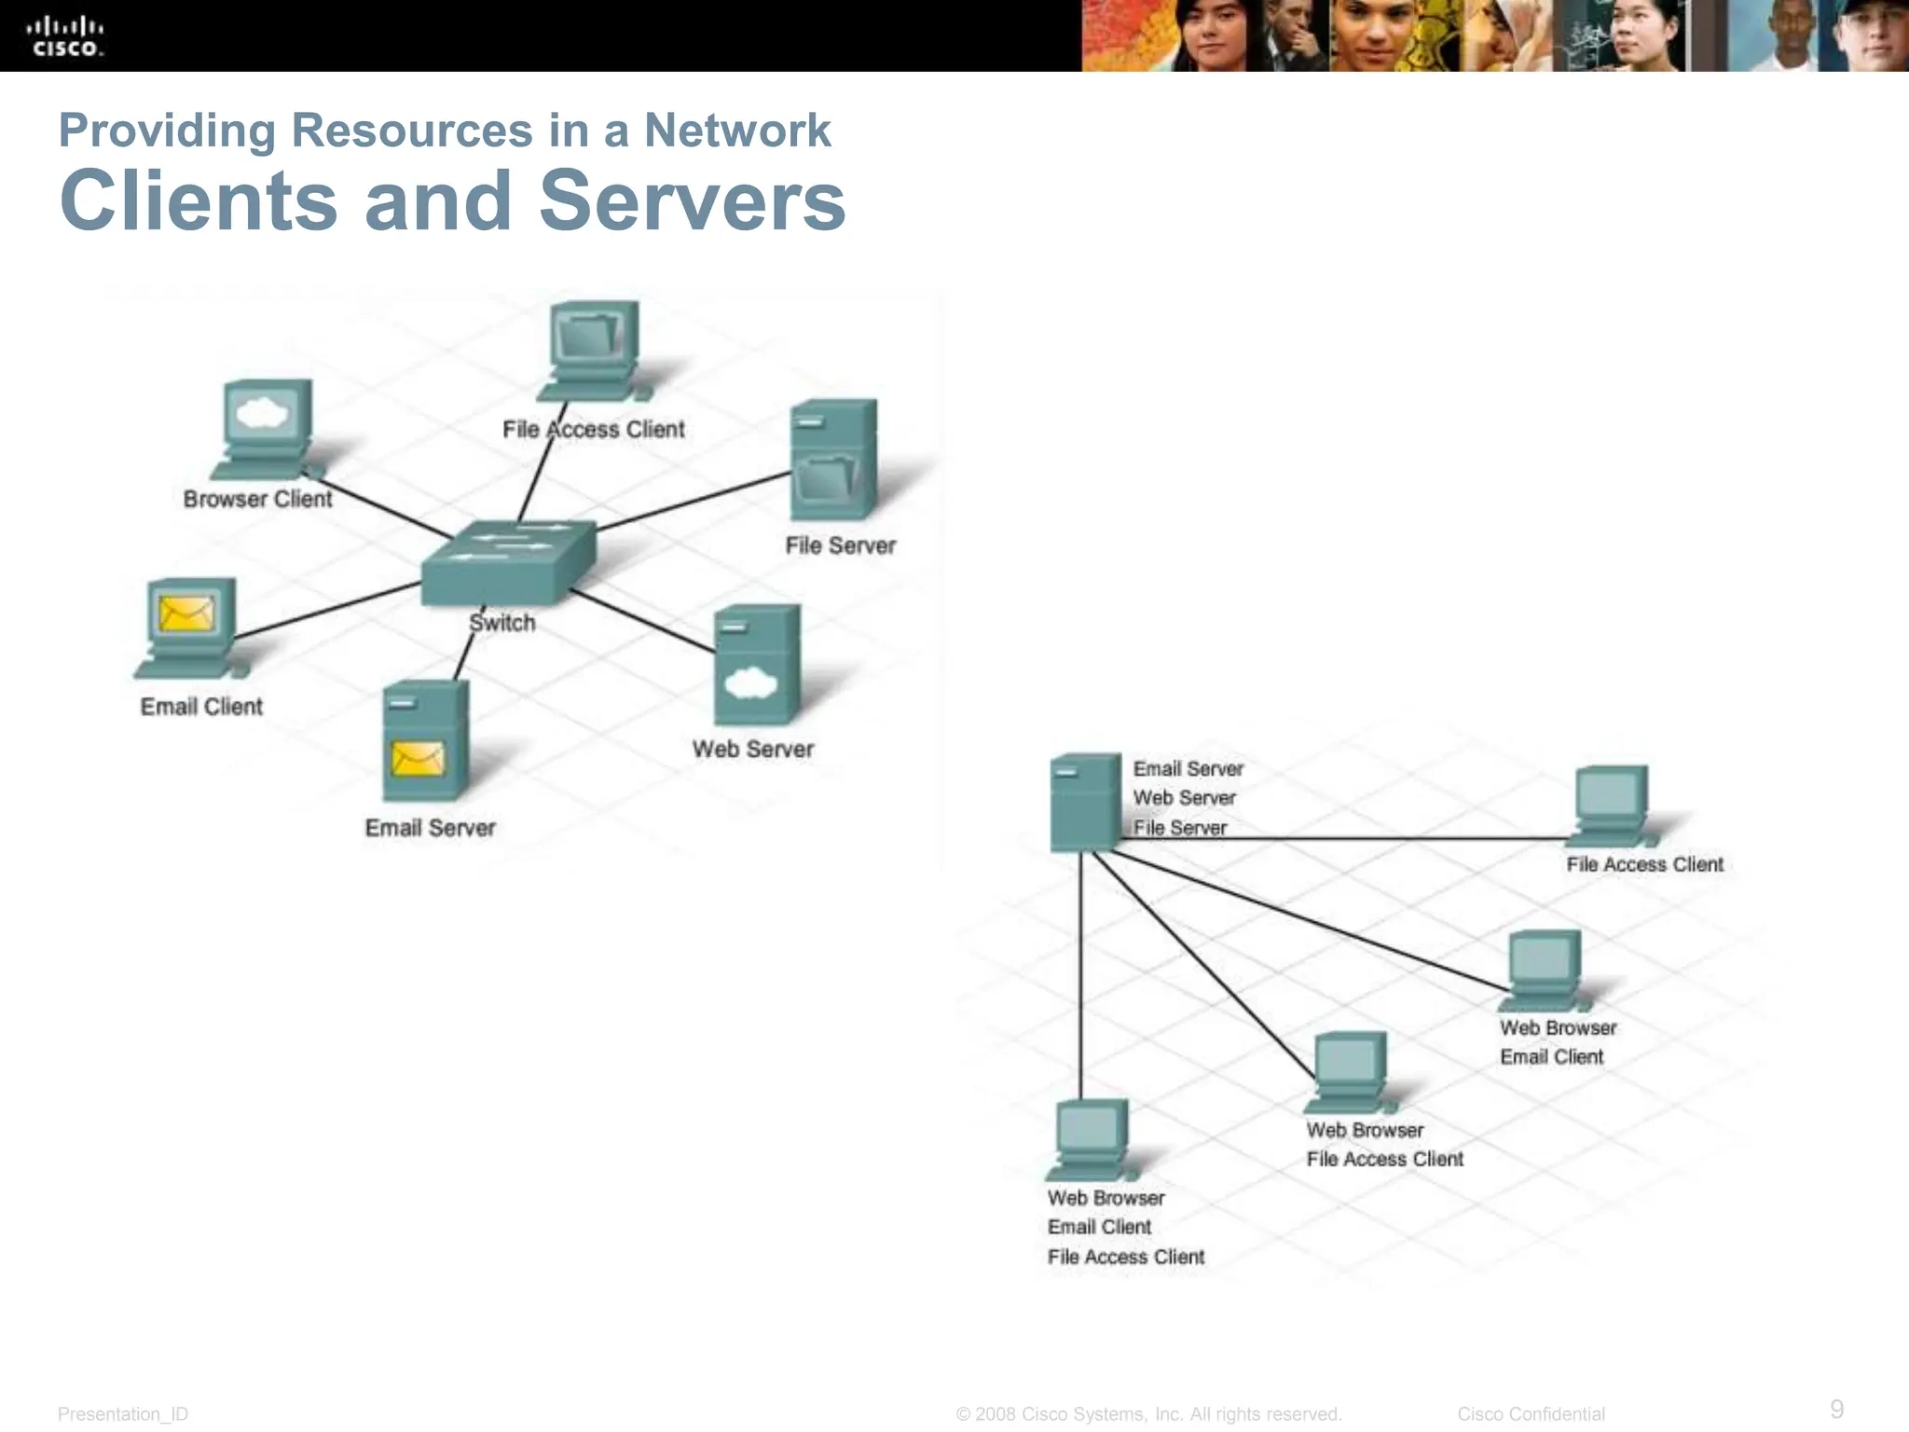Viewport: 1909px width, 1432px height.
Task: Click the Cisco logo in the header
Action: coord(64,36)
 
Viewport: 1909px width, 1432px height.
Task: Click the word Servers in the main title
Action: coord(692,201)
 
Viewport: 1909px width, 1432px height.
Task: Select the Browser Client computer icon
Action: coord(266,430)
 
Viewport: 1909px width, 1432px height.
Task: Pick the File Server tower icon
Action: coord(832,460)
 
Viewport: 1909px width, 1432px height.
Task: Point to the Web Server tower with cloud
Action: coord(756,664)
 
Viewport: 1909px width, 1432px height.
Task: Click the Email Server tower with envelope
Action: coord(424,740)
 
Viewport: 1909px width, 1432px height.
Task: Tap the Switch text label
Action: coord(502,623)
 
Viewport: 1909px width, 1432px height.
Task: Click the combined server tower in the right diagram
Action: coord(1084,802)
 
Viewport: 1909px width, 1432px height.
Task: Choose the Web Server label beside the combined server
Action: coord(1184,798)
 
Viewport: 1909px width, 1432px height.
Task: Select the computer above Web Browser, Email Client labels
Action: coord(1543,970)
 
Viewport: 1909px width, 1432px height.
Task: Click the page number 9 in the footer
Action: coord(1836,1409)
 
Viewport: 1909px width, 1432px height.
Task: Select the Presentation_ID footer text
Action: coord(122,1414)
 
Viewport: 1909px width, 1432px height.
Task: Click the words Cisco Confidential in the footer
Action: coord(1531,1414)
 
